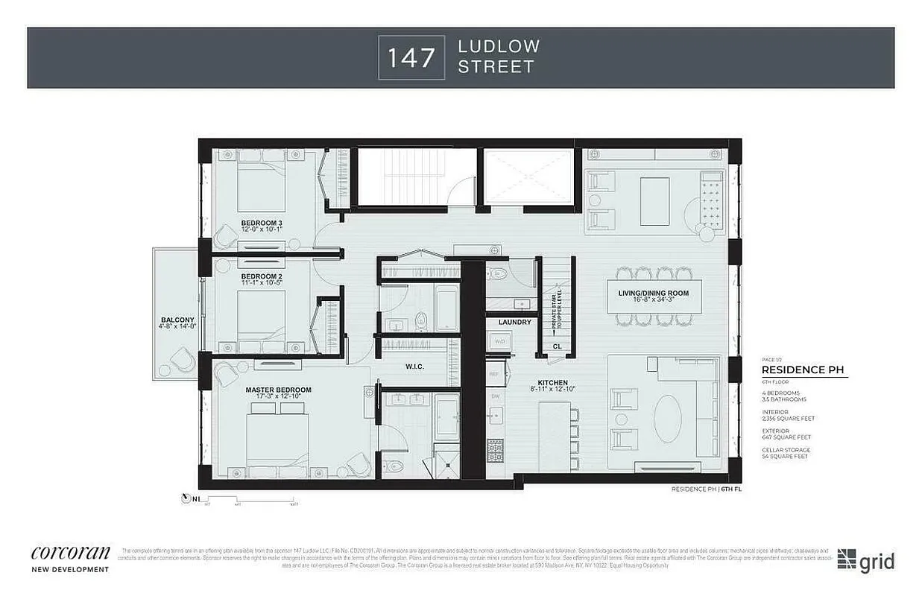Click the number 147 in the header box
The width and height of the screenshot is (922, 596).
[411, 57]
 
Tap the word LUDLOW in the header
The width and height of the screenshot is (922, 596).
[499, 46]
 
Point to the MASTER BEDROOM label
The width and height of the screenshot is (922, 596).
[279, 390]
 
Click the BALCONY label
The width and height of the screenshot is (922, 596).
[177, 320]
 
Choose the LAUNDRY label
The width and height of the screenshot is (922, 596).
[516, 322]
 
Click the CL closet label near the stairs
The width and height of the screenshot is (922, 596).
[557, 346]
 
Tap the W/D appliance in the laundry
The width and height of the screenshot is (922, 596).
[497, 342]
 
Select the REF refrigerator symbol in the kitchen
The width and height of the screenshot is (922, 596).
[493, 374]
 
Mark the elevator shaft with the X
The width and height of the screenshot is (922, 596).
[529, 176]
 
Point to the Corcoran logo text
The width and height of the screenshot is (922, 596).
[71, 553]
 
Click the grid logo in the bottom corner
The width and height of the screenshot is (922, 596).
[865, 560]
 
